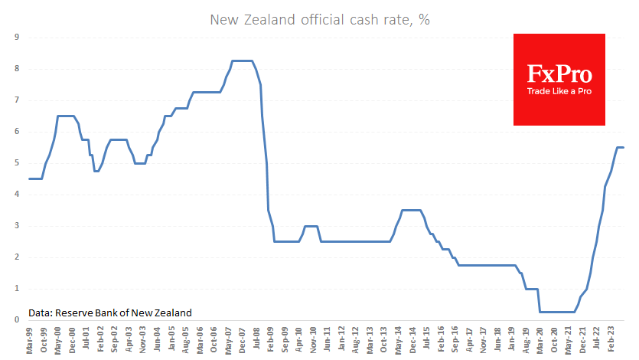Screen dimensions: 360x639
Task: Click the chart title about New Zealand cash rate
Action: [x=320, y=20]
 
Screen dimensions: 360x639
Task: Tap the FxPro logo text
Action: [x=559, y=74]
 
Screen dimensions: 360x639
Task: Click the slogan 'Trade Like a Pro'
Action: [x=559, y=91]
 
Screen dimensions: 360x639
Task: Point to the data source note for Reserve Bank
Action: [x=110, y=313]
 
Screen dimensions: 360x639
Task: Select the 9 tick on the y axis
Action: [x=17, y=38]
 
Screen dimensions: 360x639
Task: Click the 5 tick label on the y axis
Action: [x=17, y=163]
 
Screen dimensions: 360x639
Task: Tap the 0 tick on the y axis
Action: [x=17, y=320]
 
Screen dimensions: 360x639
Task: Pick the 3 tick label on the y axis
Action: [x=17, y=226]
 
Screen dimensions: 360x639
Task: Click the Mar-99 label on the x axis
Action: [x=29, y=340]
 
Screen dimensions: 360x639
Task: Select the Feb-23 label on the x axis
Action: [x=615, y=340]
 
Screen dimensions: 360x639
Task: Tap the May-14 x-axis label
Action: [x=399, y=340]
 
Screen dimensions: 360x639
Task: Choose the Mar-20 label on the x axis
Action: [x=543, y=340]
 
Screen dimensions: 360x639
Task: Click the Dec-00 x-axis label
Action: [x=72, y=340]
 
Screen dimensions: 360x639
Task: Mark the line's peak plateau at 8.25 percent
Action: [x=242, y=61]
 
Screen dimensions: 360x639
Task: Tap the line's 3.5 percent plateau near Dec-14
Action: [x=410, y=210]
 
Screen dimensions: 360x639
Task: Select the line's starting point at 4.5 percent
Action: [x=30, y=178]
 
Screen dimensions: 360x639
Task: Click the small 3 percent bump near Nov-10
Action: [x=311, y=226]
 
